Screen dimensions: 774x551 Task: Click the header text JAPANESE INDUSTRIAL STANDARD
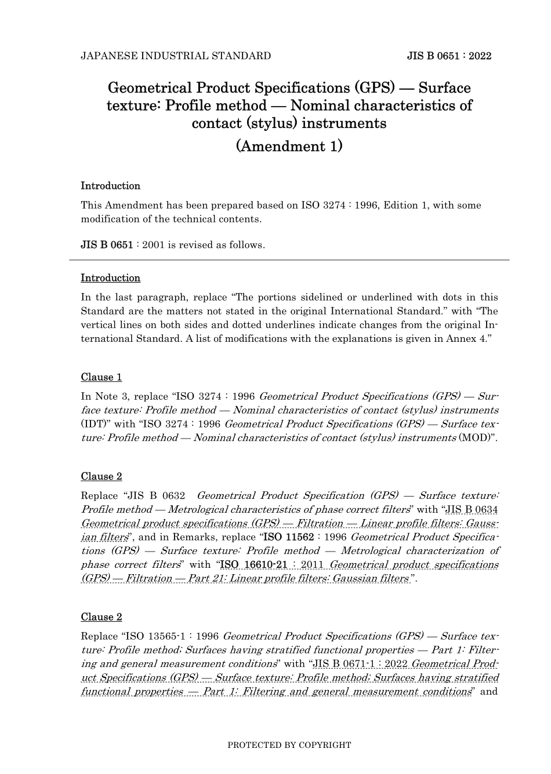[175, 56]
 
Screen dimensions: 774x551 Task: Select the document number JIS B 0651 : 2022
[449, 56]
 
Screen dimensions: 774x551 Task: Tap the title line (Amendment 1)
[289, 146]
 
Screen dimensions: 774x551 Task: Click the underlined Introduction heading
[110, 278]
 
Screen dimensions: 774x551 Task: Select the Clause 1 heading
[101, 378]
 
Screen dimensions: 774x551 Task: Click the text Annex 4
[470, 339]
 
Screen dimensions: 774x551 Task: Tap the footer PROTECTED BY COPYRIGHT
[289, 745]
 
